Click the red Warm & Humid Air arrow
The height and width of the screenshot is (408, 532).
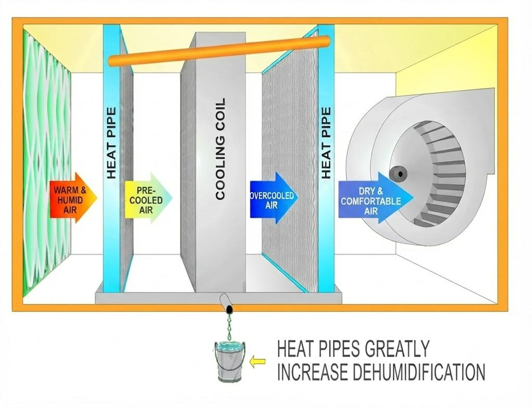73,198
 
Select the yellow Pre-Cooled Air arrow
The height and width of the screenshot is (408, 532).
148,198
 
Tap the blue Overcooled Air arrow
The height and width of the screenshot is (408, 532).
273,198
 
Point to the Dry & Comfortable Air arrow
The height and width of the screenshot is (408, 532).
376,198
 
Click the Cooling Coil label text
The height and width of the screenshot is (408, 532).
220,148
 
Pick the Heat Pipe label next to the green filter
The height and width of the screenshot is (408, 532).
112,143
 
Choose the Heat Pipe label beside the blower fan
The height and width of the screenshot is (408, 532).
326,143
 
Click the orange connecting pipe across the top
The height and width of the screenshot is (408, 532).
219,51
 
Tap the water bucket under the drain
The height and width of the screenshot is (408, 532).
230,361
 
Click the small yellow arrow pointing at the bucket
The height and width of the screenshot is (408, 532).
257,362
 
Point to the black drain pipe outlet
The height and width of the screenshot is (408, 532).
230,309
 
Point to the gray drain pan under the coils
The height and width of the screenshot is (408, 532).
219,297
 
